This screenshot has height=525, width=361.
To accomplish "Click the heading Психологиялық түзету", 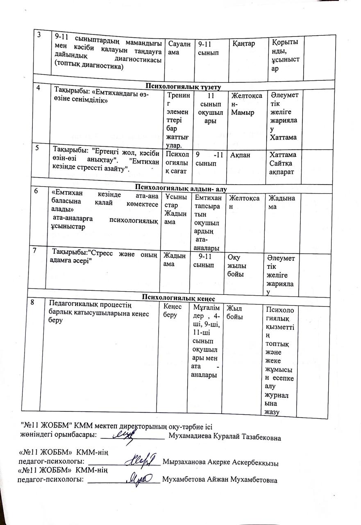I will click(x=182, y=87).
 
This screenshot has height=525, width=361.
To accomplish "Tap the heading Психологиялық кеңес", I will click(x=179, y=297).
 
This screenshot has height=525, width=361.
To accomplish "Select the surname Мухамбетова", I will click(x=186, y=480).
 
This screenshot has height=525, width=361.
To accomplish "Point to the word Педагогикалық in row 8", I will click(x=75, y=304).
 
